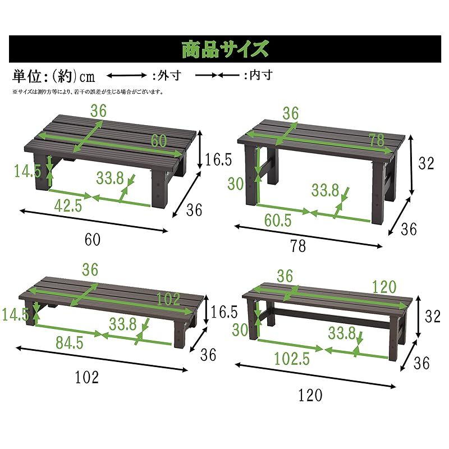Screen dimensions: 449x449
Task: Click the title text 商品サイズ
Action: click(x=224, y=49)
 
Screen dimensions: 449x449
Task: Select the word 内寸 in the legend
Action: click(x=261, y=75)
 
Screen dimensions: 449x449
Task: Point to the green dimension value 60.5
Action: click(x=278, y=221)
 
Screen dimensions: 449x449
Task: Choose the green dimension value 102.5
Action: click(x=291, y=358)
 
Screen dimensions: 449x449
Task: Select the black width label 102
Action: click(x=87, y=378)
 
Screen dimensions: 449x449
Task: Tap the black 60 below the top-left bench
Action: click(x=93, y=240)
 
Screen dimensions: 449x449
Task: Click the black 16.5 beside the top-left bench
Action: click(x=218, y=160)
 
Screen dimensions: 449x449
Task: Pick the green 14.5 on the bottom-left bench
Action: click(x=15, y=314)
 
